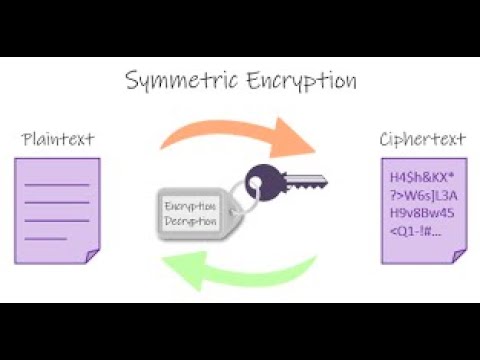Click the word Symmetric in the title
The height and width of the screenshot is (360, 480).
(x=183, y=80)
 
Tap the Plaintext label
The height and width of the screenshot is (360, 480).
(x=58, y=139)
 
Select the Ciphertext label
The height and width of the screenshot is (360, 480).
(x=420, y=139)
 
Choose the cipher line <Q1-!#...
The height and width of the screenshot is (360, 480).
(x=410, y=231)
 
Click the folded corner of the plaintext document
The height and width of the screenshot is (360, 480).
(x=92, y=257)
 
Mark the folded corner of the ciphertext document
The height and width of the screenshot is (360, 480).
(x=455, y=257)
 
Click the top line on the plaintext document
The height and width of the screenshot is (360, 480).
(x=56, y=183)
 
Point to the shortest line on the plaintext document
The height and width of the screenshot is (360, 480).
(x=46, y=238)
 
